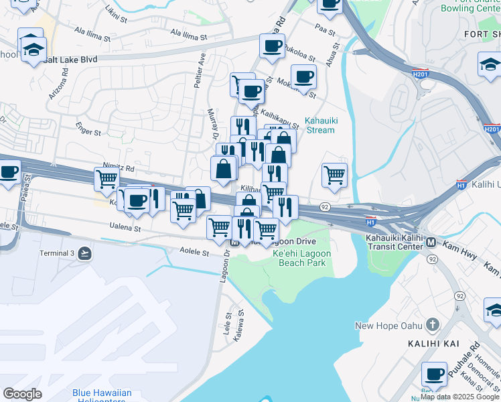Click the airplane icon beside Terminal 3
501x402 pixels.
click(x=84, y=253)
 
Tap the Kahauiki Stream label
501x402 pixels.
click(x=319, y=125)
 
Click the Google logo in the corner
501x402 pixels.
click(x=22, y=393)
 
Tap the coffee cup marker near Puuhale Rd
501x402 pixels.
click(x=434, y=373)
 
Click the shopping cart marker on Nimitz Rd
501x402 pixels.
click(x=106, y=179)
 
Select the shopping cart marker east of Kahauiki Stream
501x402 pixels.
click(x=334, y=175)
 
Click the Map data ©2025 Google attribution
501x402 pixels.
click(x=460, y=397)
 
